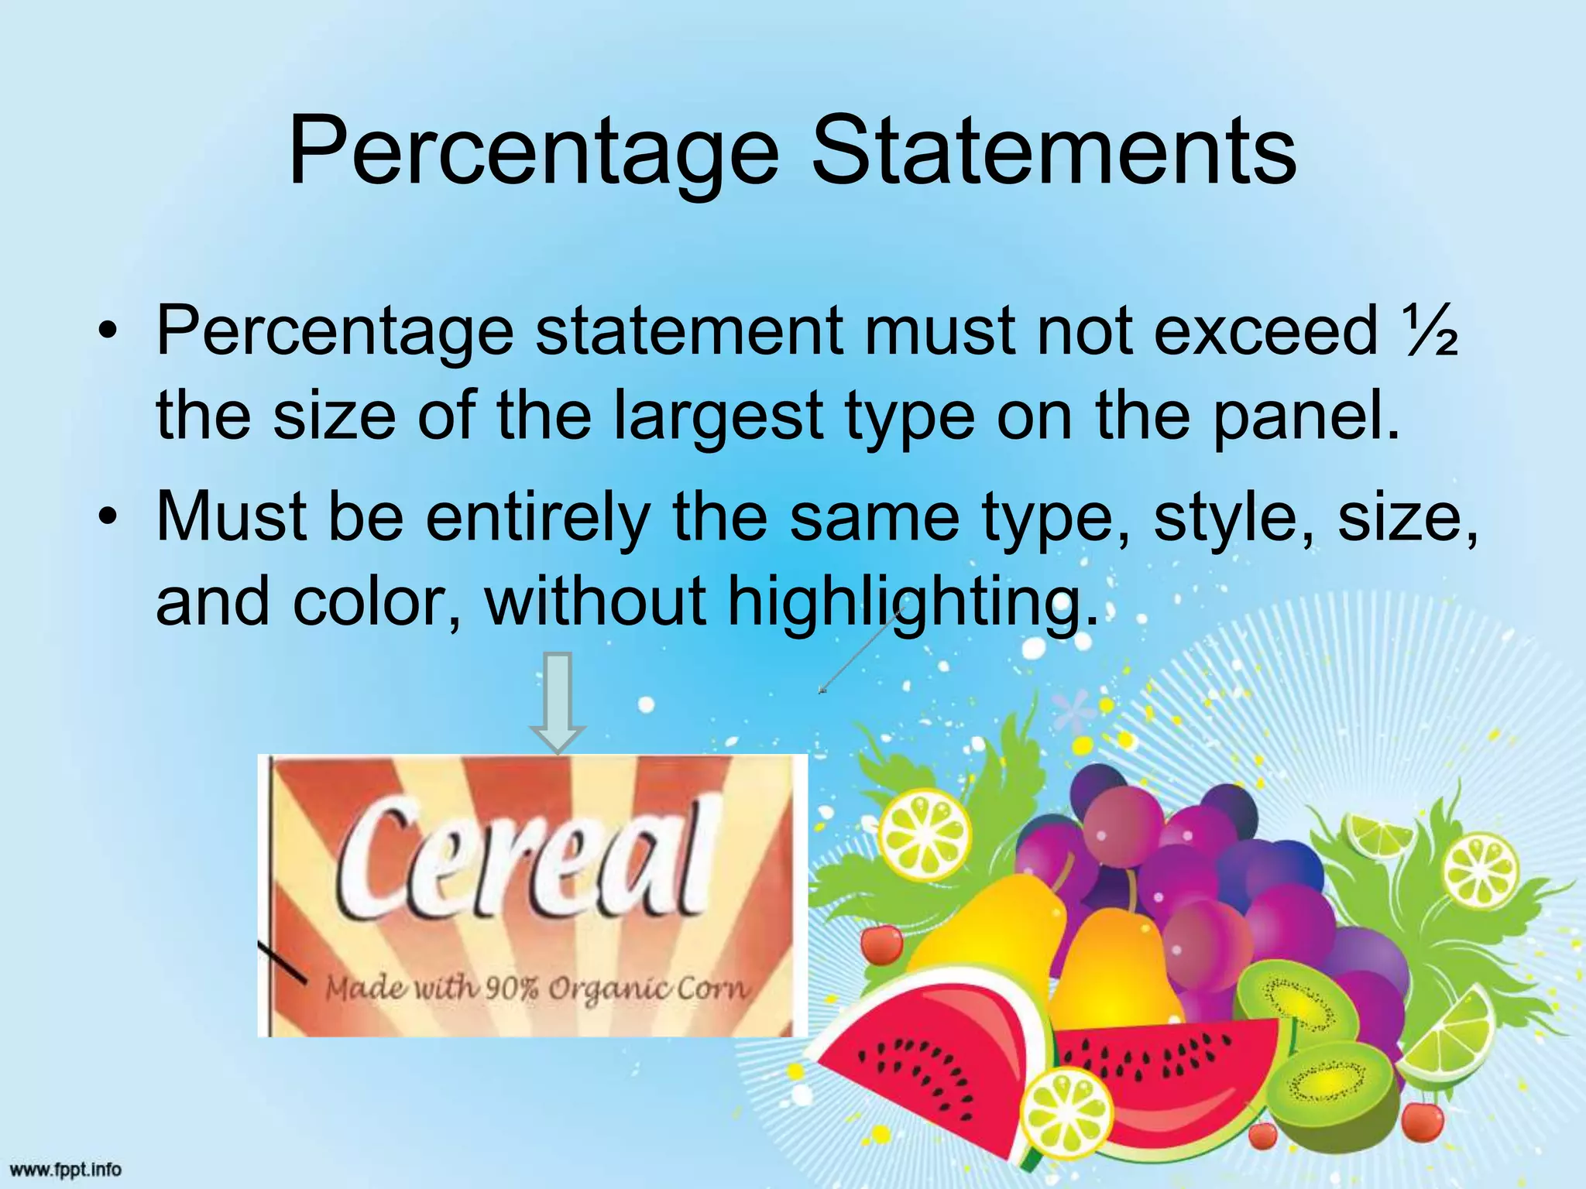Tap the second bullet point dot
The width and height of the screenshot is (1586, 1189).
(111, 517)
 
